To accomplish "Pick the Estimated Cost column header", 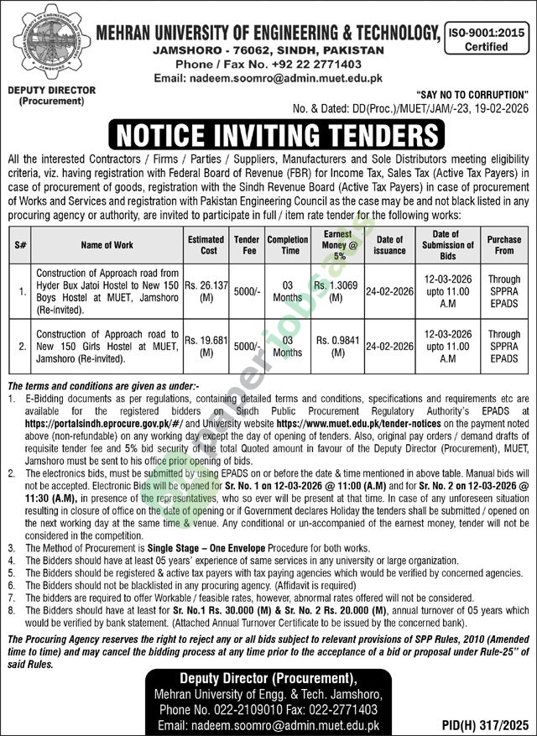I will click(206, 244).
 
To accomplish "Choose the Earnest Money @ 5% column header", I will click(338, 244).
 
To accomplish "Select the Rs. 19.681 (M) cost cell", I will click(206, 345).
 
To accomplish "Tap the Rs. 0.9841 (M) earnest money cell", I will click(338, 345).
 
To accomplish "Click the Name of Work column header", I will click(107, 244).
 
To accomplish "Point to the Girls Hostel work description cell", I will click(107, 345).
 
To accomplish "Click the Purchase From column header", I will click(504, 244).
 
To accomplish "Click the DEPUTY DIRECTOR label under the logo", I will click(51, 90).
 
